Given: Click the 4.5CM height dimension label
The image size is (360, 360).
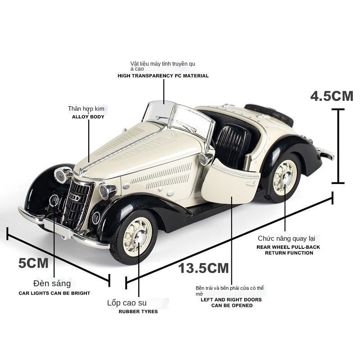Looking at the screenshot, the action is point(332,96).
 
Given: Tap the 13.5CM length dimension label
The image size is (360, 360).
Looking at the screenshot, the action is point(203,268).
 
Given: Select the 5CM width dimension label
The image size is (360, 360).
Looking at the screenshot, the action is point(33,263).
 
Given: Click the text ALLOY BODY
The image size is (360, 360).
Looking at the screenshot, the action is point(88,117).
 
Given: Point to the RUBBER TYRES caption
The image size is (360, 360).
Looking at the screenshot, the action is point(138,311).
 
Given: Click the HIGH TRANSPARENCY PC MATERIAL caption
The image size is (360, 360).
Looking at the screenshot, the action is point(163,76).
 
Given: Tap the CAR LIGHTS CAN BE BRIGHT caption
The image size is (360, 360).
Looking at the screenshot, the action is point(54,293).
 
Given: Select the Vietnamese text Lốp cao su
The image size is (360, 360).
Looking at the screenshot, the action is point(127,303).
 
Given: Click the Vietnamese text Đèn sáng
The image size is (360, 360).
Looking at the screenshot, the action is point(52,283).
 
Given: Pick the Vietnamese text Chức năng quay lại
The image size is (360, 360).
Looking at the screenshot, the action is point(286,238).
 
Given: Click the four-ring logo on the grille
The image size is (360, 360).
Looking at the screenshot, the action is point(75,197).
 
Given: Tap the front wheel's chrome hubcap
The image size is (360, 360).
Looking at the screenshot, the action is point(140,236).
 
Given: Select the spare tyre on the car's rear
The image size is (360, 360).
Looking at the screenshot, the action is point(270,114).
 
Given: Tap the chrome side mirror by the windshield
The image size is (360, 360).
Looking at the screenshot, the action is point(206,158).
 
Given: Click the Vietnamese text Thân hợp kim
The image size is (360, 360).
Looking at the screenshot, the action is point(86,108).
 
